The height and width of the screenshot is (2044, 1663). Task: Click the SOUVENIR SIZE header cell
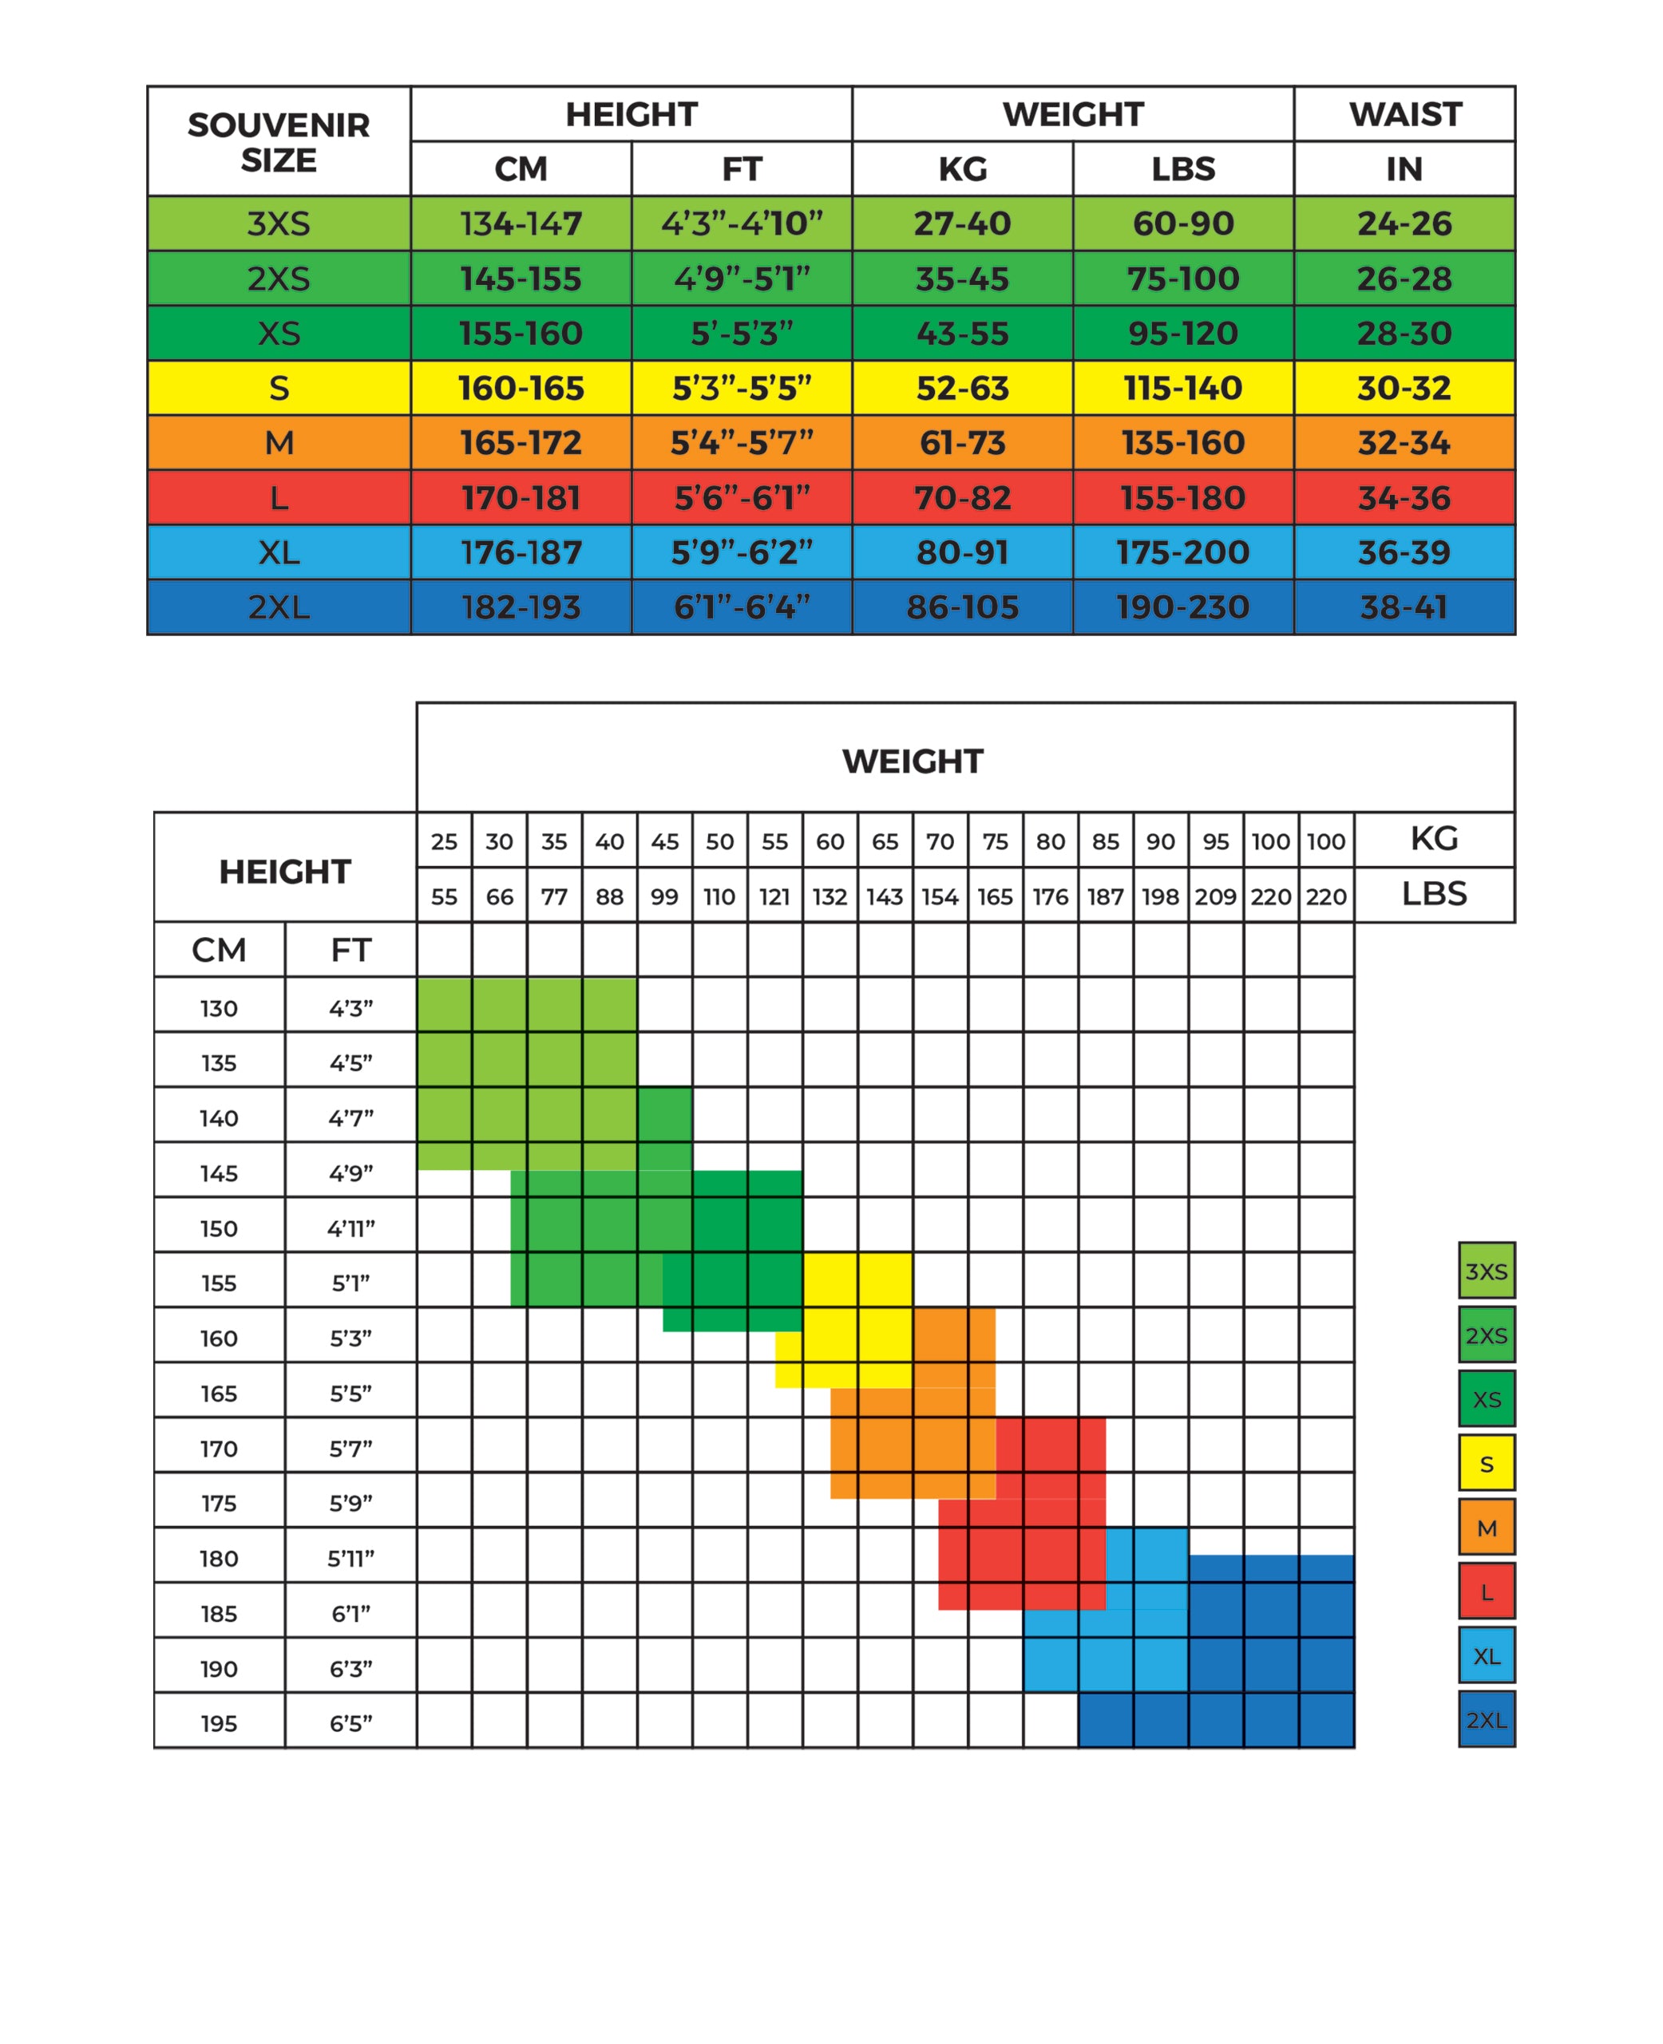(x=279, y=142)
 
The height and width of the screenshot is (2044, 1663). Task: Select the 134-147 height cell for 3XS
(x=521, y=223)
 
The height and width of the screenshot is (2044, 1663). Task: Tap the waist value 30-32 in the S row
(x=1404, y=388)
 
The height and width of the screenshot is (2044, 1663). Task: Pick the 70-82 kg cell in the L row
(x=962, y=498)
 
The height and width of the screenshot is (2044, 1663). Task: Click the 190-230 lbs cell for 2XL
(x=1182, y=607)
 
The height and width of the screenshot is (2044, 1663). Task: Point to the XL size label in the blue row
(x=279, y=552)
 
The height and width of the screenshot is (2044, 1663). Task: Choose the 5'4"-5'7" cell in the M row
(x=742, y=442)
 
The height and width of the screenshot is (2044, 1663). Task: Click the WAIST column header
(x=1404, y=114)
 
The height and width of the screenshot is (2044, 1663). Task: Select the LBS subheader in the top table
(x=1183, y=168)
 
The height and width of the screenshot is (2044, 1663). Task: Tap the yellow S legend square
(x=1486, y=1464)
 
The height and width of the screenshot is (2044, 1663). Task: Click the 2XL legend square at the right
(x=1486, y=1719)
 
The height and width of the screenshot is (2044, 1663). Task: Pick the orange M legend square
(x=1486, y=1528)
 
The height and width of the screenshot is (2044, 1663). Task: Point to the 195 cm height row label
(x=219, y=1723)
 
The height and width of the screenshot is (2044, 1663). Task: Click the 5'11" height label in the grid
(x=350, y=1559)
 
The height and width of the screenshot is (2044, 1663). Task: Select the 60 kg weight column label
(x=830, y=841)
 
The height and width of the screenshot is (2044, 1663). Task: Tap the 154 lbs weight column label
(x=940, y=896)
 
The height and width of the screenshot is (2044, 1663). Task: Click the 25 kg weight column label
(x=444, y=841)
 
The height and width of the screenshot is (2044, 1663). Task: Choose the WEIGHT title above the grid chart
(x=912, y=761)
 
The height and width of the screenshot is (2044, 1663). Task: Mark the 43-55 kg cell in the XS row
(x=962, y=334)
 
